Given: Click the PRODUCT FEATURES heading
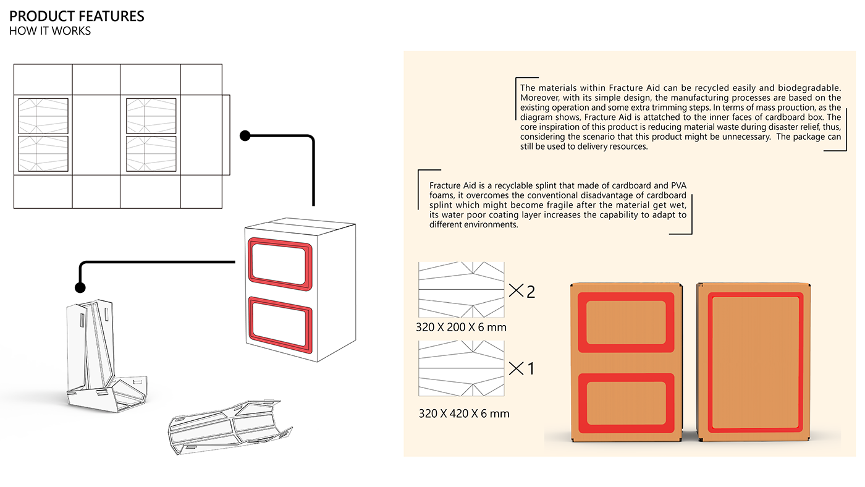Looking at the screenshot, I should [77, 16].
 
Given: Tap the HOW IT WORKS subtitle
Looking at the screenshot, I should [50, 31].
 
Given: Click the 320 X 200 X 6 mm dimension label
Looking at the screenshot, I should [461, 328].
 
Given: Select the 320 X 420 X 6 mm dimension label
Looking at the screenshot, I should [464, 413].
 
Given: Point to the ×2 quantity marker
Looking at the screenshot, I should [522, 291].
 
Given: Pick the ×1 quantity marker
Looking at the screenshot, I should [522, 369].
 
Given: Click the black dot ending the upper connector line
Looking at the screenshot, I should [245, 135].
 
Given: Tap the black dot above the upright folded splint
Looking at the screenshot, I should [80, 287].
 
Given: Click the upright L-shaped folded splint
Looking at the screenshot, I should [99, 358].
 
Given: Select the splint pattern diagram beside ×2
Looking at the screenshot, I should [461, 289].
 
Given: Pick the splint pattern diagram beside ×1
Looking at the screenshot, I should [461, 368].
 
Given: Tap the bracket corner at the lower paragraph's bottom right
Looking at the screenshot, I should [691, 233].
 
